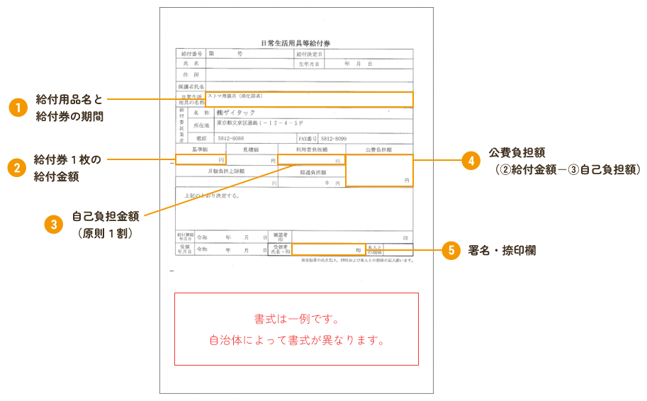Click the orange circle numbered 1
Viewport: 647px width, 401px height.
[x=18, y=108]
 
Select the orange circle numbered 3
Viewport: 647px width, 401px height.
[x=54, y=224]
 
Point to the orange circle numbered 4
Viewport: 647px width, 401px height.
[x=471, y=160]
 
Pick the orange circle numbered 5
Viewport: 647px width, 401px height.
[x=451, y=251]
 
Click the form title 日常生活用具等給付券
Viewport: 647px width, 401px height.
[x=295, y=43]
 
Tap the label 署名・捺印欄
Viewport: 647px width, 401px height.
[x=501, y=251]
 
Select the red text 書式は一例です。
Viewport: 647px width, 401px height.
[x=296, y=318]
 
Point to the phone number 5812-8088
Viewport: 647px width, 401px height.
[x=231, y=139]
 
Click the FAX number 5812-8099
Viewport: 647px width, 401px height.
[x=334, y=139]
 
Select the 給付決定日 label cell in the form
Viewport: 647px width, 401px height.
[x=310, y=54]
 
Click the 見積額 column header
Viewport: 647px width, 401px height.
[x=251, y=150]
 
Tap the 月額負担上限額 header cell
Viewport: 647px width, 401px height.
[x=225, y=171]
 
